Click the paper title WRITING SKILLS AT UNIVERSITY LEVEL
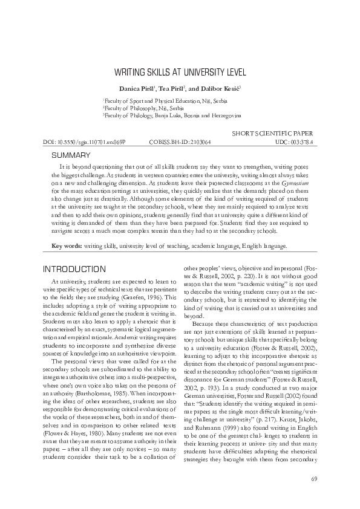pos(180,72)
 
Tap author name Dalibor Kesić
pos(220,88)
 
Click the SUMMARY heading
pos(70,155)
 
